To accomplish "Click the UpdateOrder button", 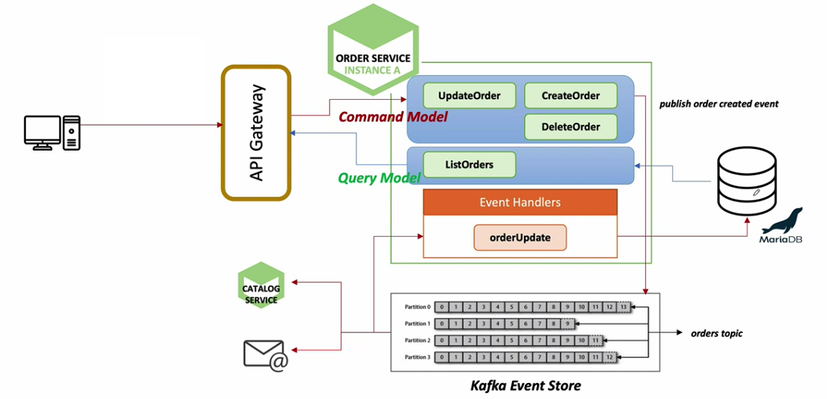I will click(468, 96).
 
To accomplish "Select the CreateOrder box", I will click(570, 96).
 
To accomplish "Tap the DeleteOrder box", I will click(570, 127).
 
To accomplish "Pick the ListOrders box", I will click(469, 164).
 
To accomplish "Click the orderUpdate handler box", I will click(520, 238).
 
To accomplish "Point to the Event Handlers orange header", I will click(520, 202).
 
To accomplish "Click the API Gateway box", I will click(256, 133).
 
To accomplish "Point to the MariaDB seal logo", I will click(782, 224).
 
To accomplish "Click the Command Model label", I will click(392, 117).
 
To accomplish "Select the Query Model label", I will click(379, 178).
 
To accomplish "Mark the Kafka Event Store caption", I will click(525, 386).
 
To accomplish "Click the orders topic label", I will click(716, 333).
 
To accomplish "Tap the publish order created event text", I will click(719, 104).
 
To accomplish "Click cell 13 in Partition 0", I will click(623, 307).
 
